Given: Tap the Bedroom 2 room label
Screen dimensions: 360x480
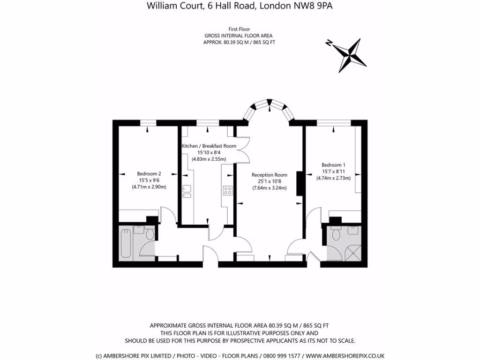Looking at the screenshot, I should pyautogui.click(x=149, y=173).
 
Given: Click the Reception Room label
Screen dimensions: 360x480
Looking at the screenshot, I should pyautogui.click(x=269, y=175).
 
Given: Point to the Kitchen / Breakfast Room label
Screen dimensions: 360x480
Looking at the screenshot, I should pyautogui.click(x=209, y=146).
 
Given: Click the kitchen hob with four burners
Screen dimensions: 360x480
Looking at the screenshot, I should pyautogui.click(x=228, y=190).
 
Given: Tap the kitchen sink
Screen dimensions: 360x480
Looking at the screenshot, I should pyautogui.click(x=186, y=190).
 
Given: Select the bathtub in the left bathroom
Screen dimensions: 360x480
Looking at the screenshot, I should pyautogui.click(x=125, y=243).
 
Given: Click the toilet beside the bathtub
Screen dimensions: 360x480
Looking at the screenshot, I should pyautogui.click(x=150, y=234).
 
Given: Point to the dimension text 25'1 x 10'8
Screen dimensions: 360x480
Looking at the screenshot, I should pyautogui.click(x=269, y=181).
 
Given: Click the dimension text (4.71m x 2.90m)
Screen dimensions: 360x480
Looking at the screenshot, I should pyautogui.click(x=149, y=187).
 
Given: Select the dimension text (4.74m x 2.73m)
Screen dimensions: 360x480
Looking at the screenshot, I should pyautogui.click(x=333, y=178).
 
